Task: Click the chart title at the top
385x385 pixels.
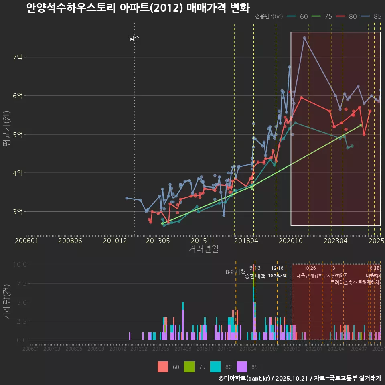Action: (138, 8)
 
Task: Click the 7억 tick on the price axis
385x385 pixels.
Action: (18, 57)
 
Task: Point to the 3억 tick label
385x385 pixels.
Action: (18, 211)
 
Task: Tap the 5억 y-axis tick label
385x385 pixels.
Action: (18, 134)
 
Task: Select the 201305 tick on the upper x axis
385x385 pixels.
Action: (158, 241)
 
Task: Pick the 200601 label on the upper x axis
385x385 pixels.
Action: (26, 241)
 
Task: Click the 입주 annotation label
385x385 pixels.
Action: (134, 38)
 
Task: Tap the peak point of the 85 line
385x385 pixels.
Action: (304, 38)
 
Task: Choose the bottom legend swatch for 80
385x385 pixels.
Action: (215, 367)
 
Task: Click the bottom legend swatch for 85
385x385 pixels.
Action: (242, 367)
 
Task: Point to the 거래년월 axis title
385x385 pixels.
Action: (203, 249)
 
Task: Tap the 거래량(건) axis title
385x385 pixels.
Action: (6, 302)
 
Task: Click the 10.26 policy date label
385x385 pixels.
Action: (310, 268)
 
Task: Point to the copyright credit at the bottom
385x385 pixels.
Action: (300, 378)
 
